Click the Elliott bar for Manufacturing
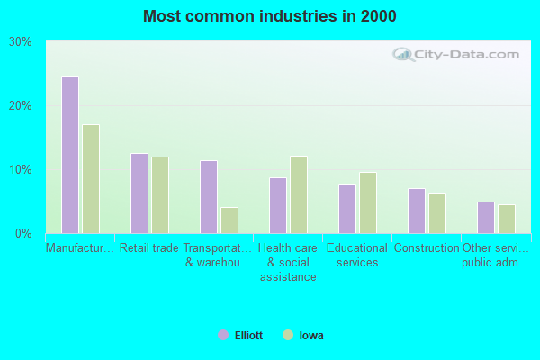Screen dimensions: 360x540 (x=69, y=155)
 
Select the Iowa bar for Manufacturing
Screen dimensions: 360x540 (x=91, y=179)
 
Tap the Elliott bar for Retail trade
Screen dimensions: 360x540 (x=139, y=193)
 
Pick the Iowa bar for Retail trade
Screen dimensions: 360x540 (x=160, y=195)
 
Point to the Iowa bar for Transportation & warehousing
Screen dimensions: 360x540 (x=229, y=220)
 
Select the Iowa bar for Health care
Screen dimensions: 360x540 (x=299, y=194)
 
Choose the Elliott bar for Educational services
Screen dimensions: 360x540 (x=346, y=209)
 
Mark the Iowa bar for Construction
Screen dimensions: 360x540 (x=437, y=213)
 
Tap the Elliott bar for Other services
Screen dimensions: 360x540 (x=485, y=218)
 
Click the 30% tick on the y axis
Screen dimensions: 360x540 (x=21, y=42)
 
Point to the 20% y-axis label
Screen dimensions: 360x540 (x=21, y=106)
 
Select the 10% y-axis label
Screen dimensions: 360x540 (x=21, y=170)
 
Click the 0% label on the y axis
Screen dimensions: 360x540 (x=24, y=234)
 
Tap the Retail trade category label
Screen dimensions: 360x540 (x=149, y=248)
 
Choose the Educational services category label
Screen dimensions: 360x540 (x=357, y=256)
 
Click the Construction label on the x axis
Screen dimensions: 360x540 (x=427, y=248)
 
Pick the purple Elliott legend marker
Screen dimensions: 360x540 (x=222, y=335)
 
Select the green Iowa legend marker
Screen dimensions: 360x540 (x=287, y=335)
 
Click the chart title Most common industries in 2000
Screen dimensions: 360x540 (x=269, y=16)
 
